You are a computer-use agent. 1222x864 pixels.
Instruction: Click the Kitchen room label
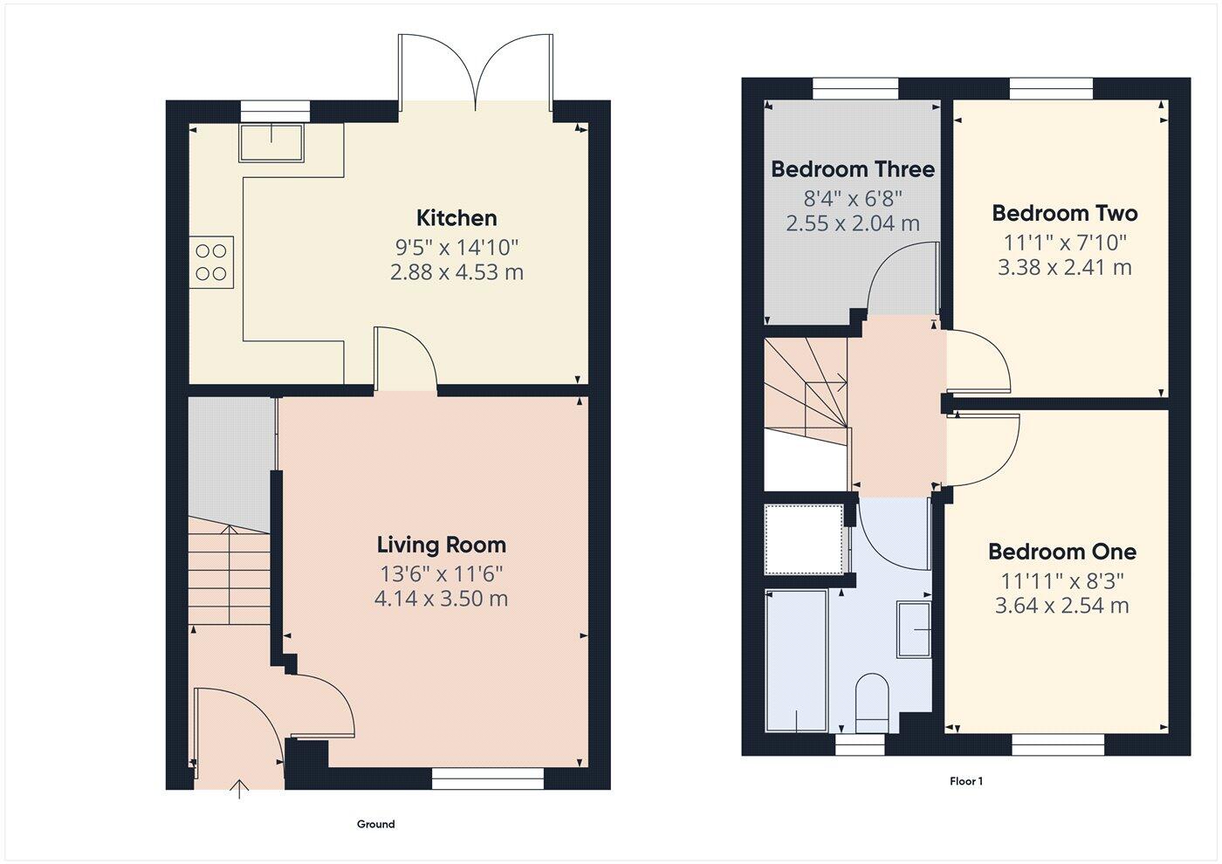pyautogui.click(x=457, y=218)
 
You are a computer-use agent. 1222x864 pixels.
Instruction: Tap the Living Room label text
pyautogui.click(x=442, y=545)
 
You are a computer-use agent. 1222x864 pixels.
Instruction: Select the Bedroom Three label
pyautogui.click(x=853, y=169)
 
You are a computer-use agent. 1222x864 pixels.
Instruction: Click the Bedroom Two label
pyautogui.click(x=1065, y=213)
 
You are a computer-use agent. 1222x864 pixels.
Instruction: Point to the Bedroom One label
pyautogui.click(x=1062, y=552)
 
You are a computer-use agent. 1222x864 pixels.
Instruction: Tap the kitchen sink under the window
pyautogui.click(x=271, y=143)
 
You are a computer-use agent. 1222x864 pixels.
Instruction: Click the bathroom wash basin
pyautogui.click(x=915, y=629)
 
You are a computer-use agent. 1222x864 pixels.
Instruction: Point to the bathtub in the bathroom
pyautogui.click(x=795, y=661)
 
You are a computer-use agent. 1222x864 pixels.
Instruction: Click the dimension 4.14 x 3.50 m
pyautogui.click(x=442, y=600)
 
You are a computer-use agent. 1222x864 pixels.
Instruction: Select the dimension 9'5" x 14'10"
pyautogui.click(x=457, y=246)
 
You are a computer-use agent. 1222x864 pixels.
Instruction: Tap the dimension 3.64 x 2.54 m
pyautogui.click(x=1062, y=606)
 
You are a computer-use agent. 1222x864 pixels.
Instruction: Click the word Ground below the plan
pyautogui.click(x=375, y=824)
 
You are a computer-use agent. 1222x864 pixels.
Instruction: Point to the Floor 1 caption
pyautogui.click(x=966, y=782)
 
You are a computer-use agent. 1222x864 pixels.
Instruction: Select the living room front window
pyautogui.click(x=488, y=779)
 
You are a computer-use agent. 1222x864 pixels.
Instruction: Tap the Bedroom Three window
pyautogui.click(x=855, y=88)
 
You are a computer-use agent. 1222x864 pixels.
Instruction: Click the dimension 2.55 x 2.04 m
pyautogui.click(x=853, y=223)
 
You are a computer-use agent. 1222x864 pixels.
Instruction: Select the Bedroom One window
pyautogui.click(x=1058, y=744)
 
